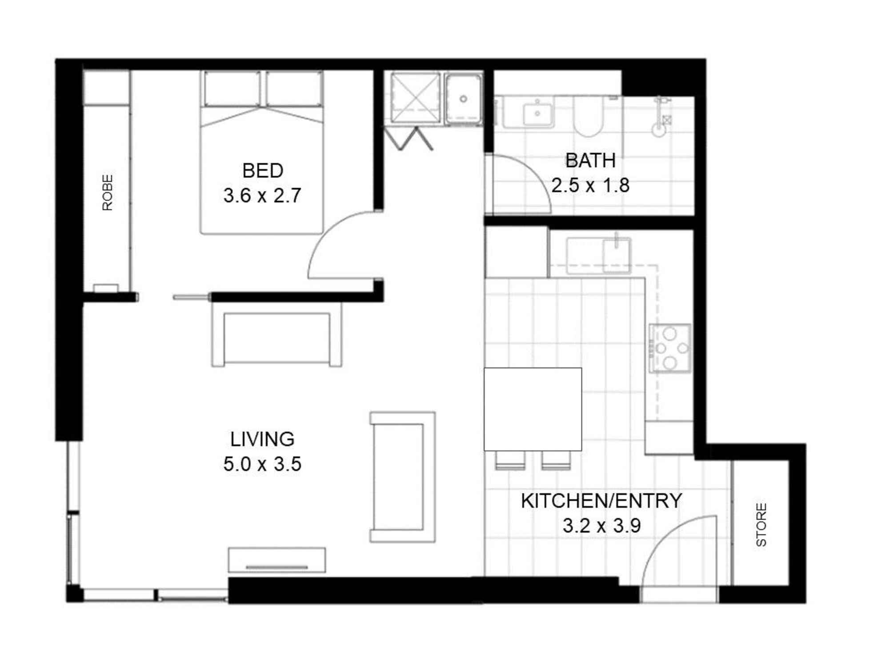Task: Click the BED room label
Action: pyautogui.click(x=263, y=171)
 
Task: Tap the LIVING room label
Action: pyautogui.click(x=262, y=439)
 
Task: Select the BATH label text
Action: pyautogui.click(x=590, y=161)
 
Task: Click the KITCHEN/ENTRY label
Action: pyautogui.click(x=601, y=501)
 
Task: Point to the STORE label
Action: pyautogui.click(x=761, y=525)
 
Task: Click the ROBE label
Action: pyautogui.click(x=108, y=192)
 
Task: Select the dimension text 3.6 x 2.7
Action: pyautogui.click(x=262, y=196)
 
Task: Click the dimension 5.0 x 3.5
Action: pyautogui.click(x=262, y=464)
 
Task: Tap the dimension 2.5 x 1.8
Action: pyautogui.click(x=590, y=185)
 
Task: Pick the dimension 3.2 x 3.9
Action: pyautogui.click(x=601, y=526)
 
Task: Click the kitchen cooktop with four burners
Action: pyautogui.click(x=670, y=348)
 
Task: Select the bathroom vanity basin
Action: pyautogui.click(x=537, y=114)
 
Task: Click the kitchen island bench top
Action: pyautogui.click(x=533, y=409)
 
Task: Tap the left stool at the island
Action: pyautogui.click(x=510, y=460)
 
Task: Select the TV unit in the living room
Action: pyautogui.click(x=277, y=560)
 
